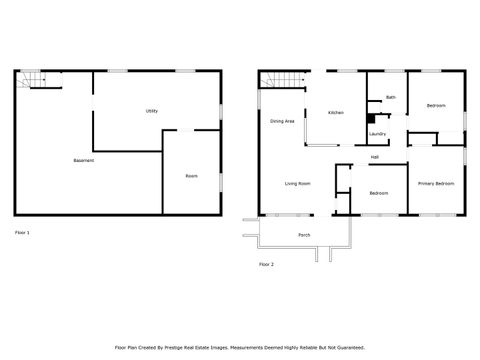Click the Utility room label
[152, 111]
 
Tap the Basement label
[84, 161]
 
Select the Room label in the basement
[191, 176]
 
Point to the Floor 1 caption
[22, 232]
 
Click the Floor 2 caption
[266, 264]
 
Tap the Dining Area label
[282, 121]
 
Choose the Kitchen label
[336, 113]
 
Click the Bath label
[391, 97]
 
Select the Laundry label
[377, 133]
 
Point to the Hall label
[374, 157]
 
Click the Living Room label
[297, 184]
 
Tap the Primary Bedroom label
[436, 184]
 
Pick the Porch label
[304, 235]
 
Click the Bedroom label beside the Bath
[436, 106]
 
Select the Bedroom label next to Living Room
[378, 192]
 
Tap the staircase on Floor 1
[36, 80]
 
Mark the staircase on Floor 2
[289, 80]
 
